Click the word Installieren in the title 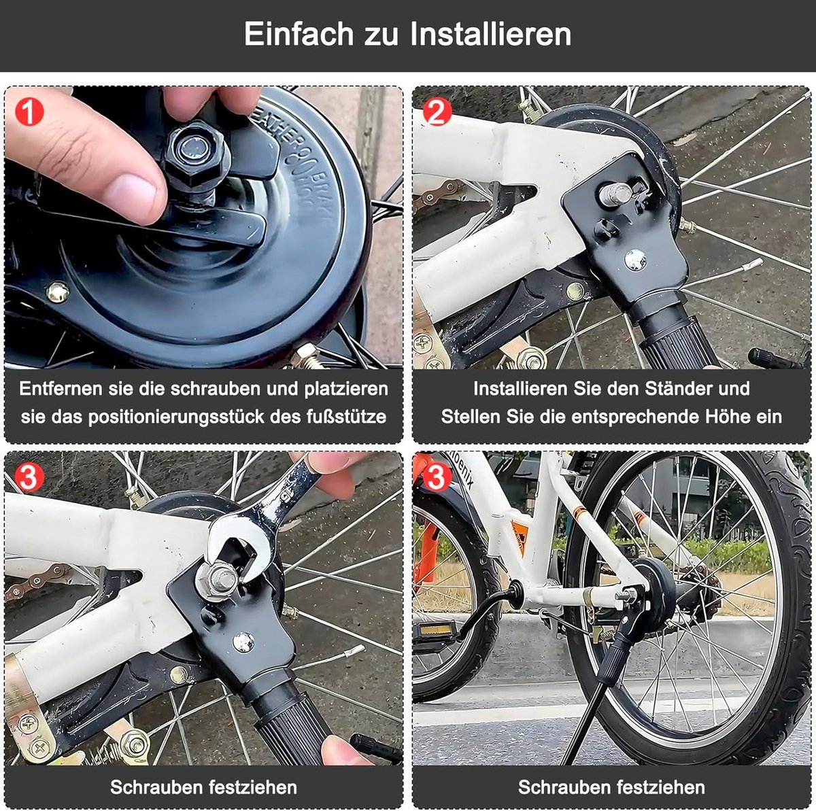tap(491, 34)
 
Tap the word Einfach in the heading tap(296, 34)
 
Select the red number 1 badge tap(28, 111)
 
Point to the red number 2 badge tap(436, 111)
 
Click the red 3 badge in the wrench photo tap(28, 478)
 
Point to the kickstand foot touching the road tap(568, 759)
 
